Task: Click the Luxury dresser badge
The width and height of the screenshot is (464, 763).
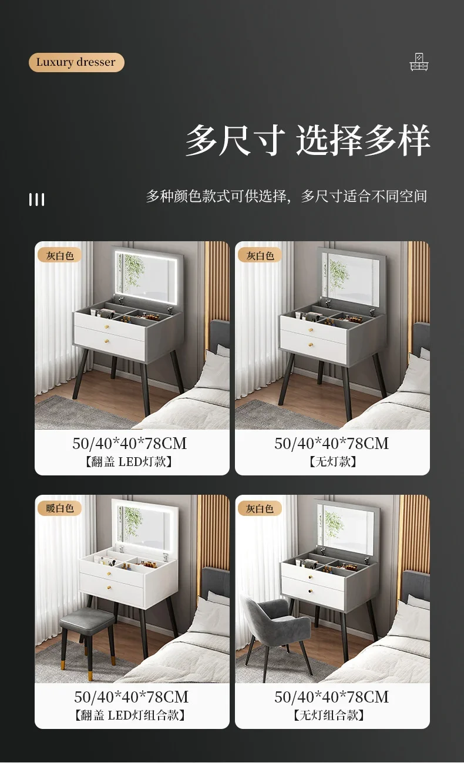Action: [76, 62]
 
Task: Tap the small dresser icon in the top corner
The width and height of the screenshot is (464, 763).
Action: [419, 62]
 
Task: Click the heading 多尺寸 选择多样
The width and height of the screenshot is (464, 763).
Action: [308, 141]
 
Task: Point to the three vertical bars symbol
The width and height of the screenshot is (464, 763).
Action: [37, 200]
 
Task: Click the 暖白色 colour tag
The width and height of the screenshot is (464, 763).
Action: [60, 508]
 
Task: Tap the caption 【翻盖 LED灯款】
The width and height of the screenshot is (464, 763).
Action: [132, 462]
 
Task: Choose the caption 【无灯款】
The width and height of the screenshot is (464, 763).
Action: [332, 462]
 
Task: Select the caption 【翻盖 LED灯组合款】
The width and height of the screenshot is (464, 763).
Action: [132, 715]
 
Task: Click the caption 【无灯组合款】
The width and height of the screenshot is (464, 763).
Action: [332, 715]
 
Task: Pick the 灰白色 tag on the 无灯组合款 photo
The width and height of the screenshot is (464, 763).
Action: [260, 508]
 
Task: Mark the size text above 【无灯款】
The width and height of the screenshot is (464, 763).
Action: [332, 444]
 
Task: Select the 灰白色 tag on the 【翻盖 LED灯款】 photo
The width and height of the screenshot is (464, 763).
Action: [60, 255]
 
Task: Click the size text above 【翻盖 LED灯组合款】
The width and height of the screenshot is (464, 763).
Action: [132, 697]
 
